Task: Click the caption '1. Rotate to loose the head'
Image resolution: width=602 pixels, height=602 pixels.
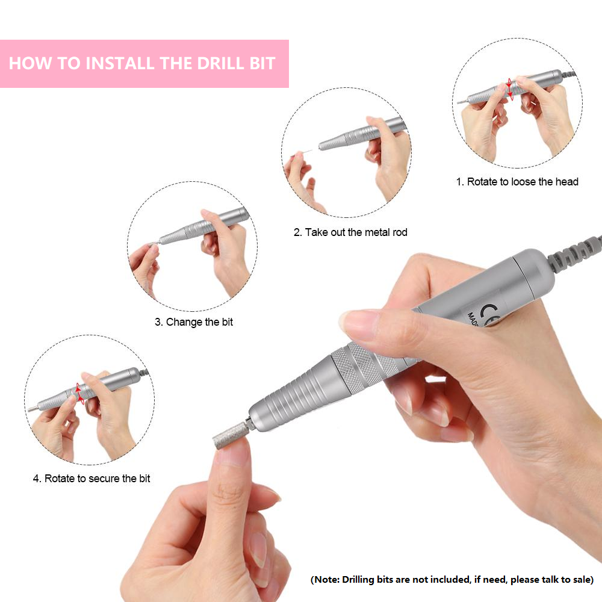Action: (x=517, y=182)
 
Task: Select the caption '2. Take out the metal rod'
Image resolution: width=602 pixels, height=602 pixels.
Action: (x=350, y=232)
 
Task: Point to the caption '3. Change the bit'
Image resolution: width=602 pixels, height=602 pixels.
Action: (x=194, y=321)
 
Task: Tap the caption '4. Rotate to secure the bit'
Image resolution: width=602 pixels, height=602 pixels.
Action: (x=92, y=479)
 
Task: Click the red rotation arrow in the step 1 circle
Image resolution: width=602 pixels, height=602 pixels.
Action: (x=509, y=89)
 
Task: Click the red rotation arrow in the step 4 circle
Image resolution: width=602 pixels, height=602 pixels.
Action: (x=79, y=393)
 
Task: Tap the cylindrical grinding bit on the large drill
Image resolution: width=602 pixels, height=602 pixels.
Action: (x=229, y=436)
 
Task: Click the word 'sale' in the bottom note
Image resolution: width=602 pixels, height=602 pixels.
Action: (x=579, y=579)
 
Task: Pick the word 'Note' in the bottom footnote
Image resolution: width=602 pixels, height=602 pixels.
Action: (x=326, y=579)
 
